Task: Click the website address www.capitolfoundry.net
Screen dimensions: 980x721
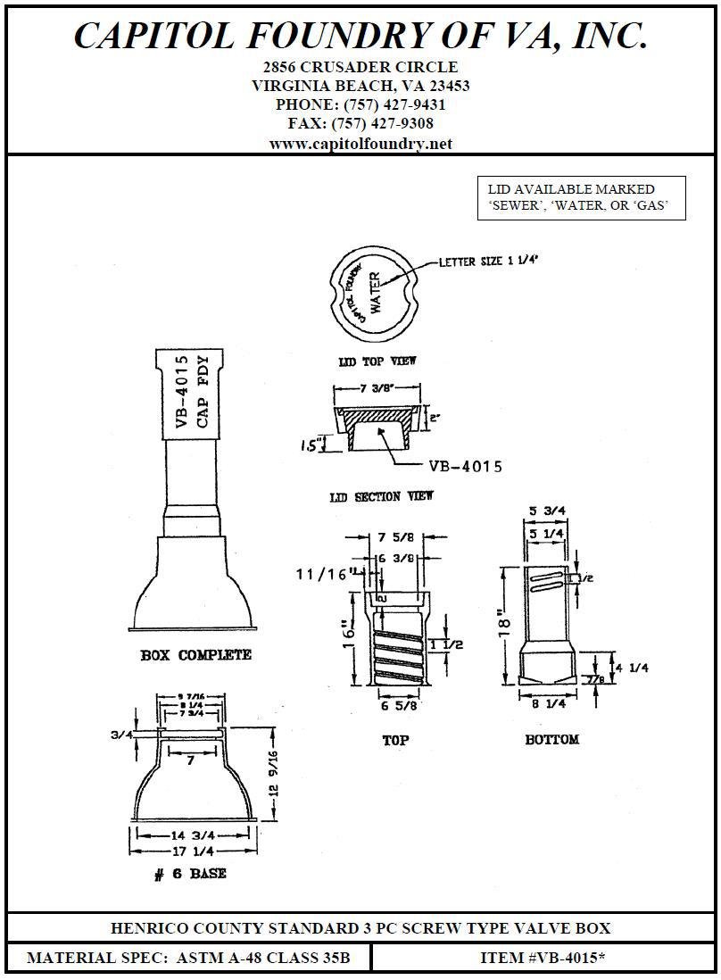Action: pyautogui.click(x=360, y=144)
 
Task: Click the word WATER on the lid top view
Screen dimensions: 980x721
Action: pyautogui.click(x=375, y=291)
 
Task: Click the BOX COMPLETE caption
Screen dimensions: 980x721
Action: pyautogui.click(x=196, y=655)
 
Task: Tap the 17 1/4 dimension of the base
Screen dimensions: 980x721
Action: pyautogui.click(x=191, y=851)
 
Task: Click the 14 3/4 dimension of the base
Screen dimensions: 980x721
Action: pyautogui.click(x=191, y=835)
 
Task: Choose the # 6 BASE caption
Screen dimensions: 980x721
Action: pyautogui.click(x=190, y=874)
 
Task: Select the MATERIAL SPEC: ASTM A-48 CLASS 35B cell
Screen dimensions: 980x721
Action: pyautogui.click(x=188, y=959)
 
